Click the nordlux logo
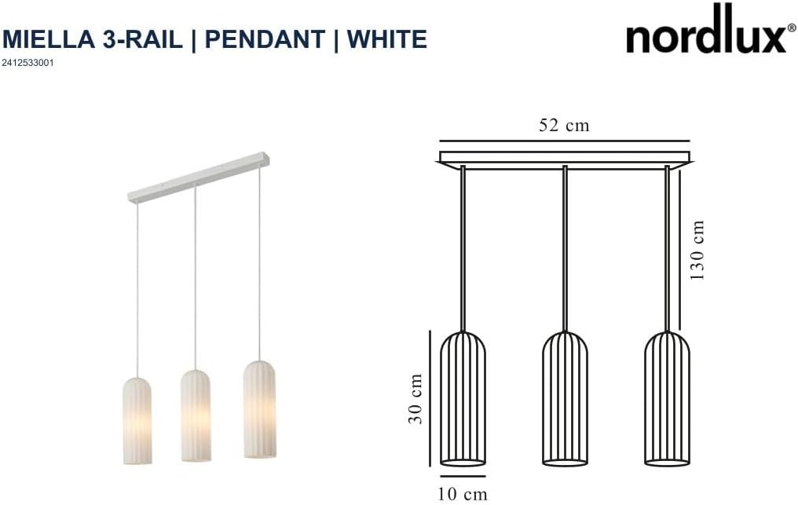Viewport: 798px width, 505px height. pos(705,31)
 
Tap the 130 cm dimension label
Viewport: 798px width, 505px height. pos(697,251)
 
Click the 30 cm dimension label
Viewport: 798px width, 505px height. pos(416,399)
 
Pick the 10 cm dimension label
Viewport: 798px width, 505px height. pos(463,494)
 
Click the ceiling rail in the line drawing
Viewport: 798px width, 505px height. pos(565,158)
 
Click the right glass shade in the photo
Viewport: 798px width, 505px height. pos(258,408)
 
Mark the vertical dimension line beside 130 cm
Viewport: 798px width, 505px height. pos(680,251)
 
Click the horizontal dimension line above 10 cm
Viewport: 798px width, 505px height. pos(463,476)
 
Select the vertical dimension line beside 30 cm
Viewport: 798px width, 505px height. pos(430,399)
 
